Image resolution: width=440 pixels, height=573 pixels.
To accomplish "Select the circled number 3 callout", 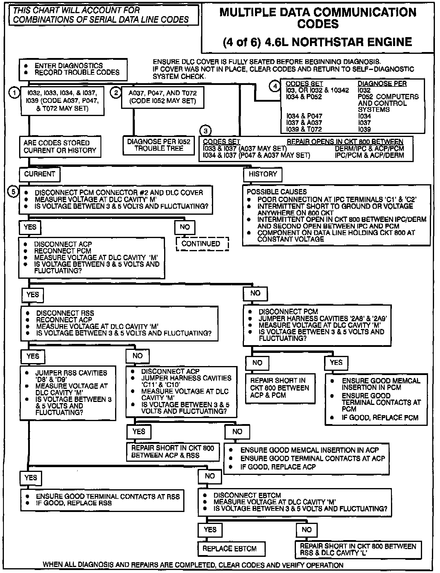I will click(x=206, y=131).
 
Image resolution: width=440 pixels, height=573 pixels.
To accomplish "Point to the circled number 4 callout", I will click(x=275, y=86).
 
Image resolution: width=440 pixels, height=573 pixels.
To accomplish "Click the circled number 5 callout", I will click(x=13, y=191).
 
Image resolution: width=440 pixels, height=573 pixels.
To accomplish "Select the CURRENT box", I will click(x=39, y=174).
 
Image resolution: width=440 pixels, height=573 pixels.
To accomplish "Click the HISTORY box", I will click(x=263, y=174).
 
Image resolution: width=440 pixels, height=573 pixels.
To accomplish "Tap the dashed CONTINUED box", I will click(x=202, y=244).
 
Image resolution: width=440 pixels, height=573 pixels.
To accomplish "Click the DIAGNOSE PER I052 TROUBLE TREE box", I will click(x=159, y=145).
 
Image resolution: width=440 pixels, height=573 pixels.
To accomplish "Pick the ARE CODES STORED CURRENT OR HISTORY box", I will click(x=60, y=147).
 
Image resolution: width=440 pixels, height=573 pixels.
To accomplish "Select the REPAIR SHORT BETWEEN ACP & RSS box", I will click(x=172, y=452).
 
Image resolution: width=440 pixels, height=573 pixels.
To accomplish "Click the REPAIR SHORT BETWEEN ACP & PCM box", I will click(x=280, y=388).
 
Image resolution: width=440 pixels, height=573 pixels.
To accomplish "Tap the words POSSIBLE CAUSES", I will click(x=276, y=192).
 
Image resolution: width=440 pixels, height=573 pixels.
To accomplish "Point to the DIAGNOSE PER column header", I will click(x=382, y=84).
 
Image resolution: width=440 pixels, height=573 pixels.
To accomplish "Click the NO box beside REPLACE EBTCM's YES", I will click(x=306, y=530).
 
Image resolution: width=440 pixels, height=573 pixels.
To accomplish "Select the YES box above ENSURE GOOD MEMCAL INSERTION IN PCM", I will click(x=336, y=363).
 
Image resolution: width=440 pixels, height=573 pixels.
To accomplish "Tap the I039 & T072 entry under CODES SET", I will click(x=304, y=129).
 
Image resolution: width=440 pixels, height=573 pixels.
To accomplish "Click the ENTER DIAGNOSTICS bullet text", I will click(x=68, y=66).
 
